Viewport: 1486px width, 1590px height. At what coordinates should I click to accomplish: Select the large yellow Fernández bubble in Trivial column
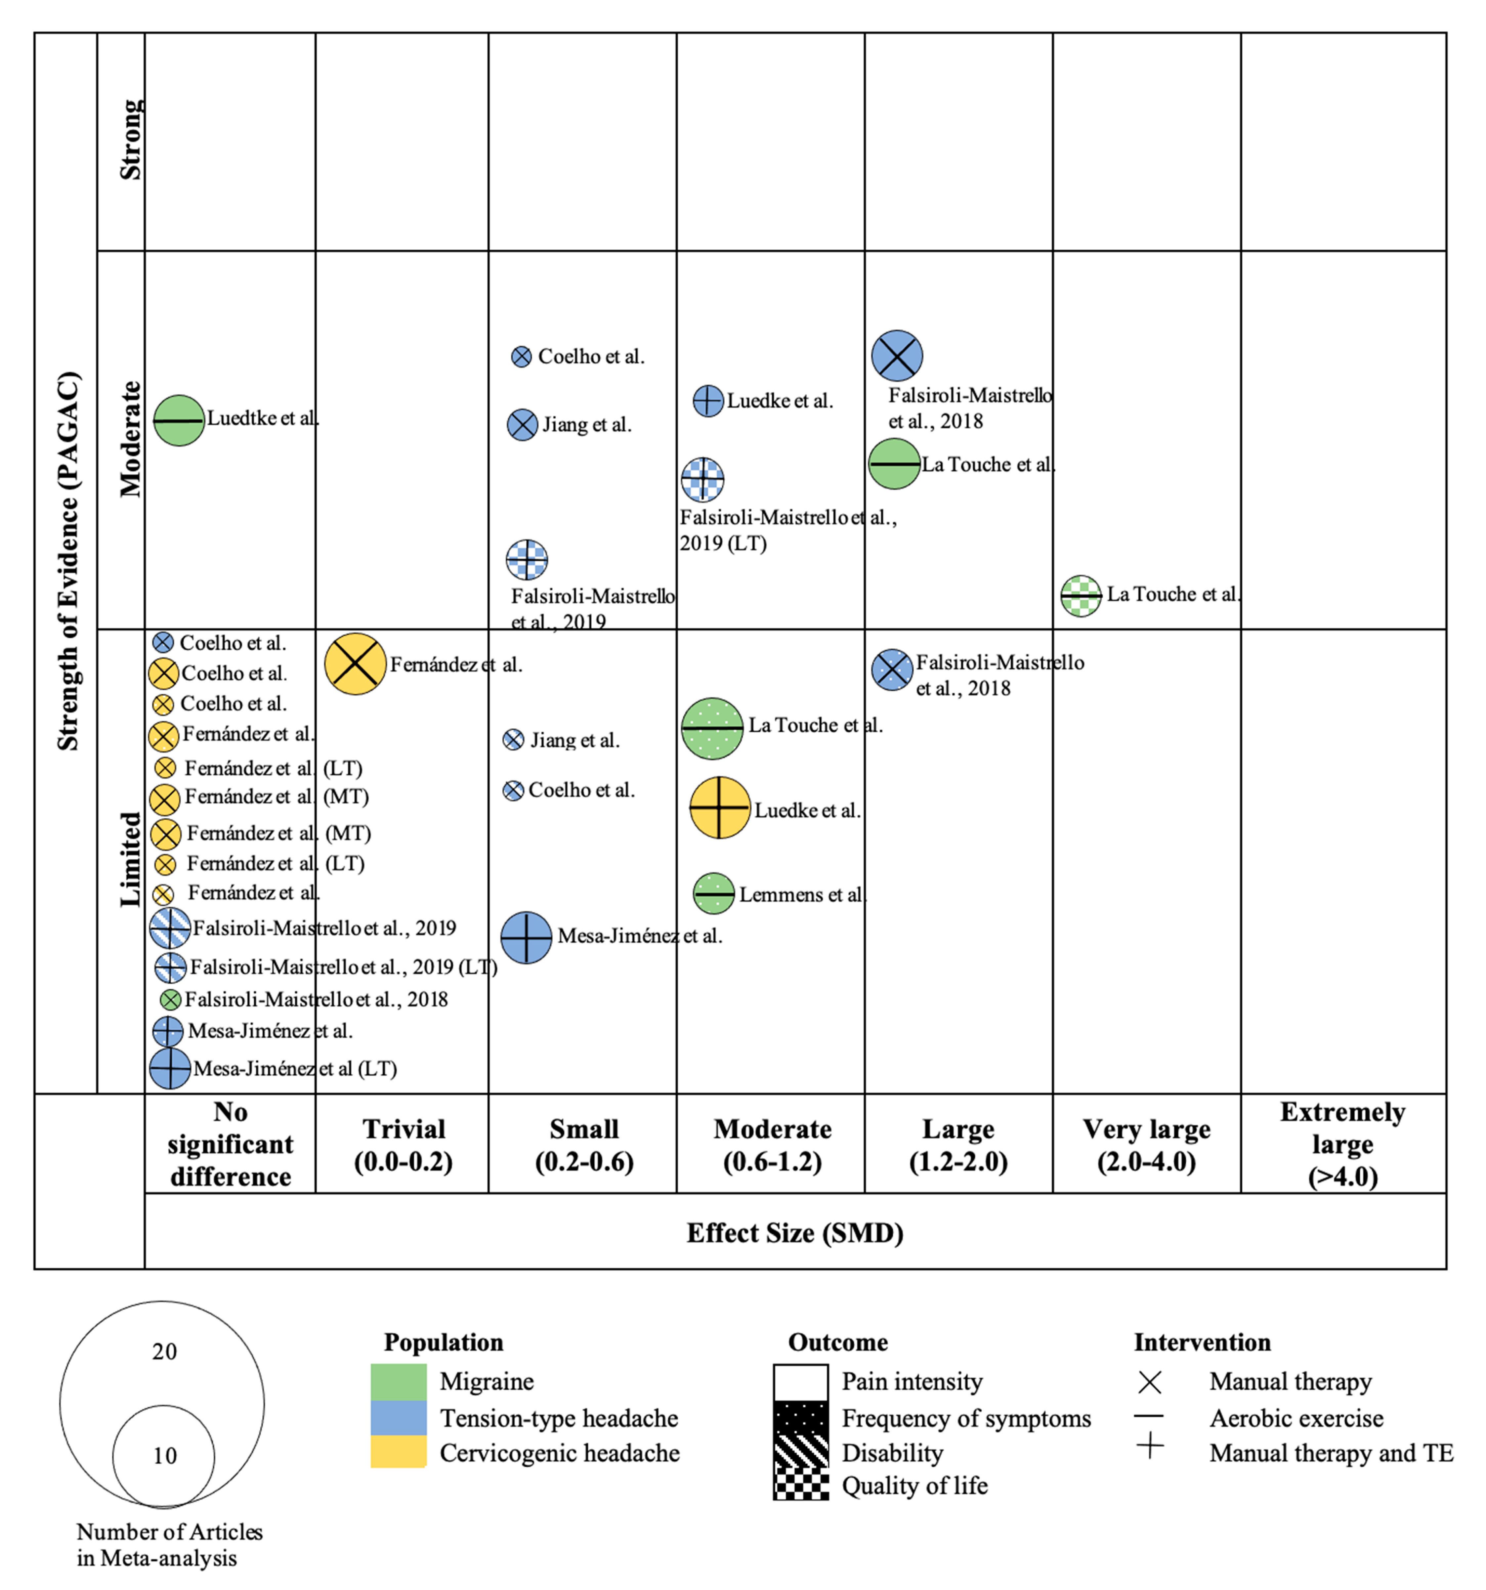355,664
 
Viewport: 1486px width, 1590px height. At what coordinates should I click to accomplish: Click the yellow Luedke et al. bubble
720,808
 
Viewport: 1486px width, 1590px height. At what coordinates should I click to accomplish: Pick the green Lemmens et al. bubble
713,893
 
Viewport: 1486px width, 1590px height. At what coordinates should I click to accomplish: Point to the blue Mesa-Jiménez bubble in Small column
526,937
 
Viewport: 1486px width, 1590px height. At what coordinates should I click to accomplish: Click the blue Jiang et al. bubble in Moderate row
522,425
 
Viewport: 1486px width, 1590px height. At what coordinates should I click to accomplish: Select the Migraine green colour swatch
398,1381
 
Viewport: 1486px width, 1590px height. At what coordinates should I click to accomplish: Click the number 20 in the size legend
165,1352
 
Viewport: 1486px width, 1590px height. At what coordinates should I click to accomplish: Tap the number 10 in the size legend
165,1456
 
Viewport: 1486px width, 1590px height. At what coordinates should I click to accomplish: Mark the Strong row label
130,140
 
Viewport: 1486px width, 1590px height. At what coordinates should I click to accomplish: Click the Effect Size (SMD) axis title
795,1232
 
